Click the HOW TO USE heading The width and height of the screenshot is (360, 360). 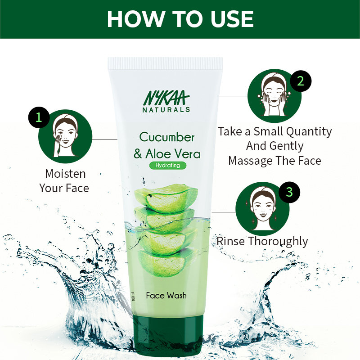(180, 19)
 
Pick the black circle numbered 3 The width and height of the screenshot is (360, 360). (289, 192)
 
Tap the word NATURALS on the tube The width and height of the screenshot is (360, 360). (167, 109)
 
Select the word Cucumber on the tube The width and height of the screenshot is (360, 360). (167, 136)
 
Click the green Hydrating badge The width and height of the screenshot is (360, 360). (167, 165)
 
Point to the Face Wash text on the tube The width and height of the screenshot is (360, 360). (166, 295)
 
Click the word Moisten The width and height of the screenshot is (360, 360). (65, 174)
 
